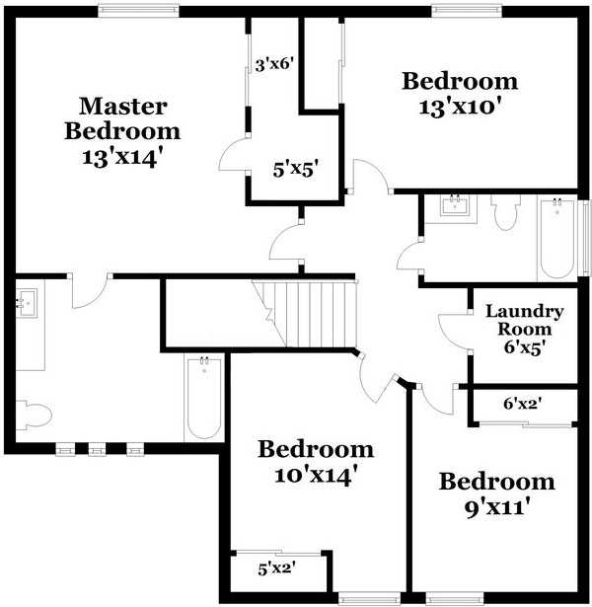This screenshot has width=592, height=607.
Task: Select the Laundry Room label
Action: pos(524,320)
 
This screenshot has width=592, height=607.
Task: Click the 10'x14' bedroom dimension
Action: pos(316,475)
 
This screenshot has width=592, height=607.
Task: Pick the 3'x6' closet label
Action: pos(275,66)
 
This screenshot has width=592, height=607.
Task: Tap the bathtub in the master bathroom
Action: pos(203,397)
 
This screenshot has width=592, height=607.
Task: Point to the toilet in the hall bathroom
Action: pos(505,211)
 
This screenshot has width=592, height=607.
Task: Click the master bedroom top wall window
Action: pos(138,11)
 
